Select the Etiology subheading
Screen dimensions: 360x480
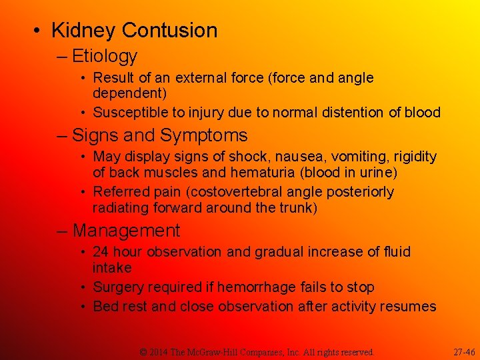click(x=105, y=57)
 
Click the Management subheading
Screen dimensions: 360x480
click(x=127, y=231)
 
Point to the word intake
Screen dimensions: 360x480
click(x=112, y=268)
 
